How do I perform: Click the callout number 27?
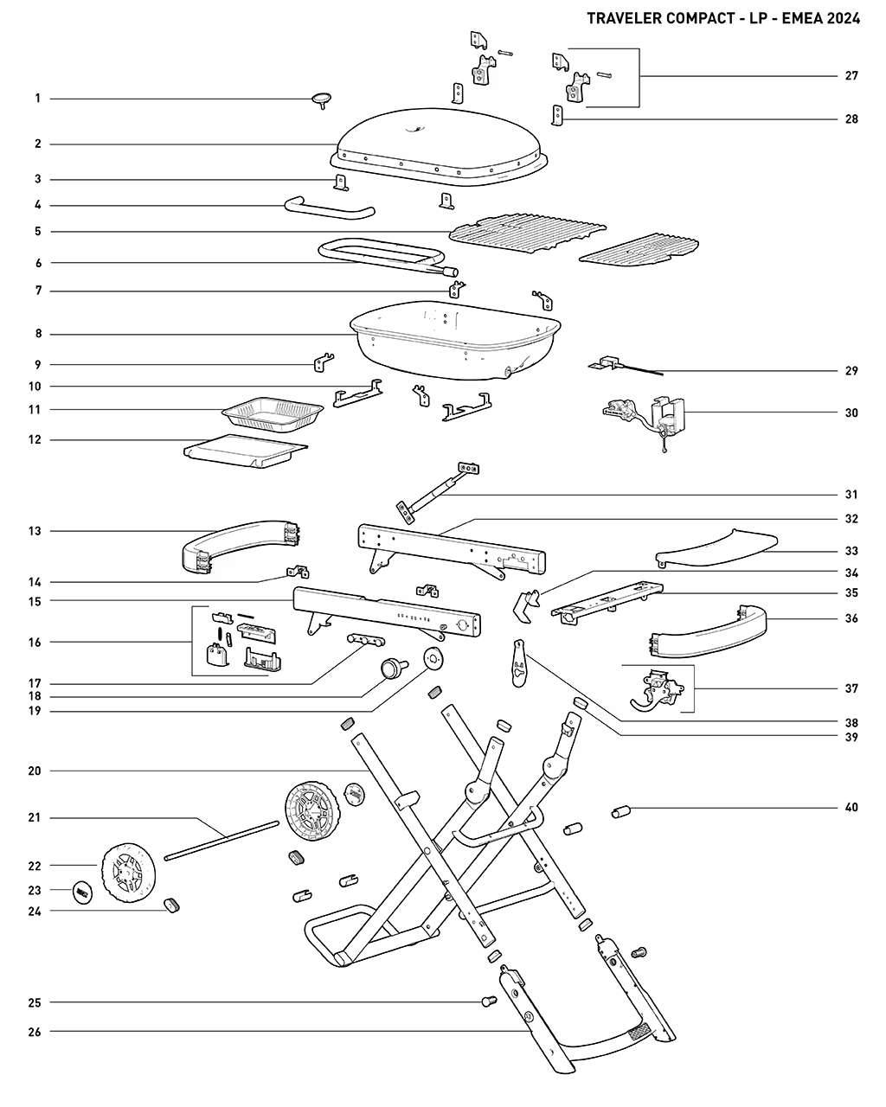[x=851, y=76]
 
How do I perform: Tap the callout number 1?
[x=37, y=99]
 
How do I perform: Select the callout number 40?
[x=851, y=807]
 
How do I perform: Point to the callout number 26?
[x=35, y=1032]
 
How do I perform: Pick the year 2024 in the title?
[x=844, y=18]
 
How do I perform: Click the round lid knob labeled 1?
[x=321, y=99]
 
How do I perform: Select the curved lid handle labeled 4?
[x=330, y=208]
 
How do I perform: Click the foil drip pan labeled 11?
[x=273, y=414]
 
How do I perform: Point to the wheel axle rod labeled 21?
[x=221, y=840]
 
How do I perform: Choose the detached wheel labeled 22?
[x=128, y=873]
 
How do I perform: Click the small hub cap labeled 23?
[x=82, y=892]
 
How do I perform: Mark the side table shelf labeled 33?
[x=716, y=547]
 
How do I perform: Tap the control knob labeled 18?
[x=394, y=669]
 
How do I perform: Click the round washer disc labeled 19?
[x=433, y=659]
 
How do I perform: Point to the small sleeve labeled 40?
[x=620, y=812]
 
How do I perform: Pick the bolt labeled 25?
[x=489, y=1001]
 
